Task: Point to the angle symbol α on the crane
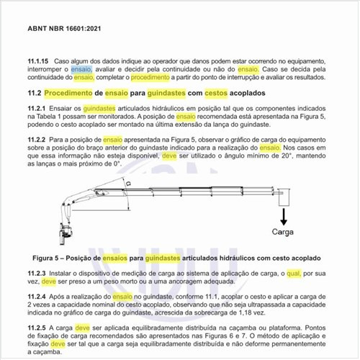tap(127, 184)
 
